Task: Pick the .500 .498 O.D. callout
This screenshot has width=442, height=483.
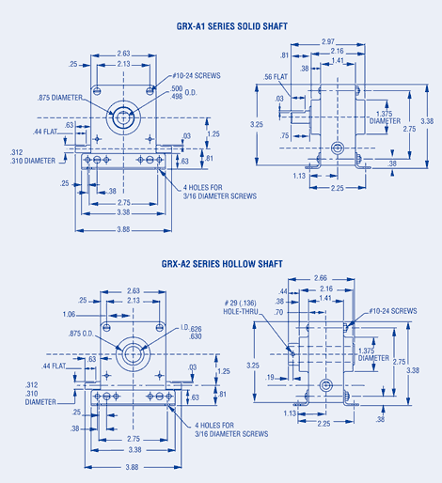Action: tap(181, 91)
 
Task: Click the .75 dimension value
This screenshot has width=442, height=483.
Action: tap(283, 135)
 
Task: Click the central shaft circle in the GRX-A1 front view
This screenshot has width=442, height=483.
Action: tap(123, 118)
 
